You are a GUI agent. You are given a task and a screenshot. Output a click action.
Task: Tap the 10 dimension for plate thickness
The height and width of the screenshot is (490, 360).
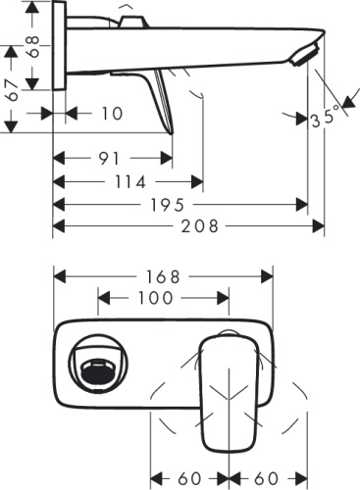click(x=111, y=114)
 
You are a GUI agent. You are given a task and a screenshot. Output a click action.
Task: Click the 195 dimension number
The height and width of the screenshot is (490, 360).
click(x=180, y=205)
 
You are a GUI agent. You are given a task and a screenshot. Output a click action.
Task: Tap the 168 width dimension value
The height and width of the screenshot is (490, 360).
click(x=164, y=275)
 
